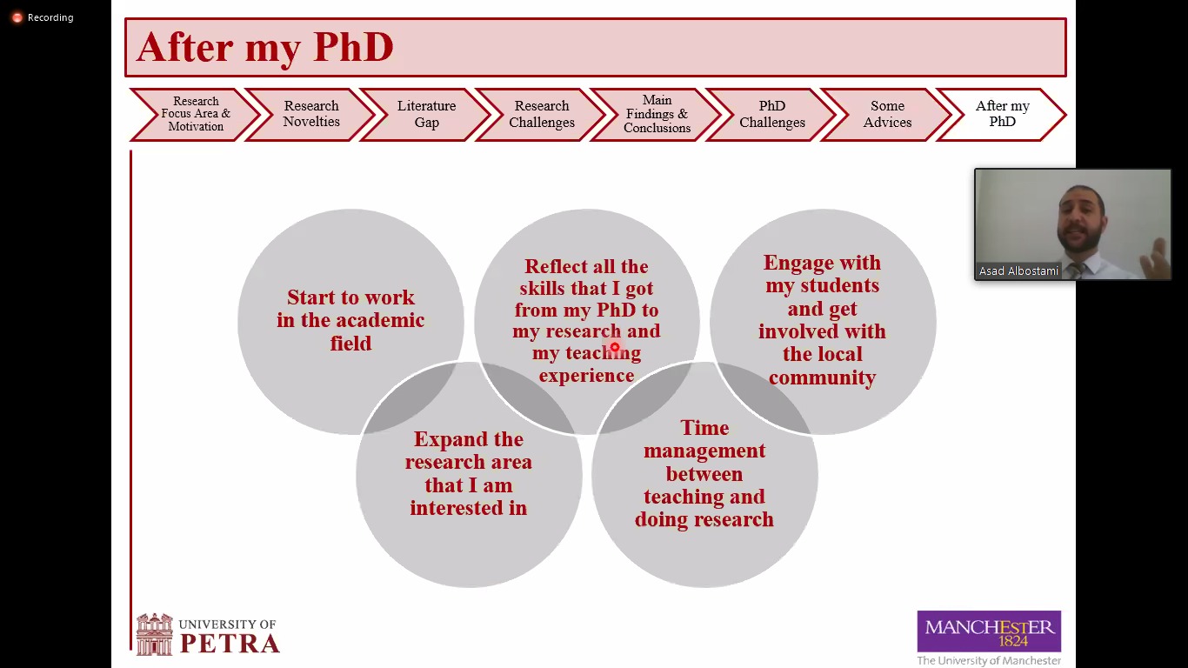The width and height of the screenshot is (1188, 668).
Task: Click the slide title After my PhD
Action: coord(265,47)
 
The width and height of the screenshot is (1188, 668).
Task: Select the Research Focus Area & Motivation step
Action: coord(196,114)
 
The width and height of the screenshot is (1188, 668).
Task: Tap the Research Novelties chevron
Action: coord(311,114)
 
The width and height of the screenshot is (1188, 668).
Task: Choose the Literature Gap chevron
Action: coord(426,114)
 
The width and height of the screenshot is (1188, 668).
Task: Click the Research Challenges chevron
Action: coord(542,114)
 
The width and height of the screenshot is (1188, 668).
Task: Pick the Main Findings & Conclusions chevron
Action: coord(657,114)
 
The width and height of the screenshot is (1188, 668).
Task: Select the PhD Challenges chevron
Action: coord(772,114)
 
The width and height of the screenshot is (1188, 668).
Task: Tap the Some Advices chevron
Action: coord(887,114)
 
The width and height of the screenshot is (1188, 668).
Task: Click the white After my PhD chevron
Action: coord(1002,114)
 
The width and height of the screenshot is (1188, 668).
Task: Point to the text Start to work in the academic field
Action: coord(350,320)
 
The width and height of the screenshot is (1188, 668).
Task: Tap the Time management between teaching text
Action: coord(704,473)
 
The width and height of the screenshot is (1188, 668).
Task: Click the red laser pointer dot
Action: coord(614,348)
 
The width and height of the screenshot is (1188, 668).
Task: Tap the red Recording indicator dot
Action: coord(17,17)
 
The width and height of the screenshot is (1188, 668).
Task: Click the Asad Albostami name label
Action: coord(1018,271)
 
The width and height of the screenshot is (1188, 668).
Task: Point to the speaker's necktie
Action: coord(1078,269)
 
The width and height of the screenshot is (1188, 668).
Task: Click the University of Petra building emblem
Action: coord(154,634)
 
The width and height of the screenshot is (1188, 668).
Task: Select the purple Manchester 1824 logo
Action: coord(989,631)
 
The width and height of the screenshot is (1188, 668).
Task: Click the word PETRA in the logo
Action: coord(230,644)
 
